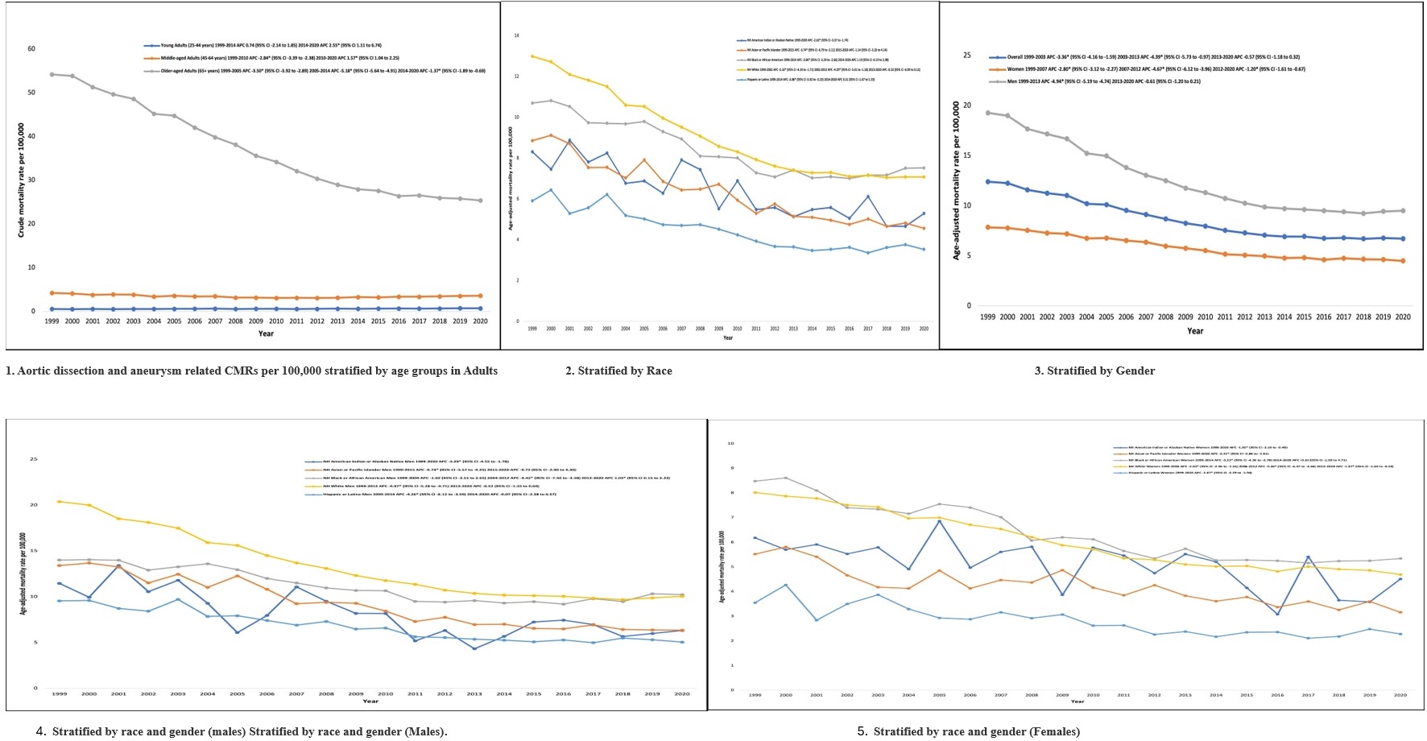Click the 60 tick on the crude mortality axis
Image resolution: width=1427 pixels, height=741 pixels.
pos(31,48)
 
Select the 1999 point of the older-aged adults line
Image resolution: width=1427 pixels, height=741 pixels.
pos(52,74)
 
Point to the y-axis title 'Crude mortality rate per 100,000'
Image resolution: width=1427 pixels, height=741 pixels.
pos(21,180)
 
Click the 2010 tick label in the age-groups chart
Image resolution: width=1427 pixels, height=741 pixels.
pos(276,321)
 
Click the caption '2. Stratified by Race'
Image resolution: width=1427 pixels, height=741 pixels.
pos(618,371)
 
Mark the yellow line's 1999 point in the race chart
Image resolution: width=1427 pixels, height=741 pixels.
pos(532,56)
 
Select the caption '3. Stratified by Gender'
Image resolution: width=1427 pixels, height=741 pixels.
pos(1094,371)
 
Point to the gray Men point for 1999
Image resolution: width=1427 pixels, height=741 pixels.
pos(988,113)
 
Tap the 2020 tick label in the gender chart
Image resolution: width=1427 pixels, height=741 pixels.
pos(1403,317)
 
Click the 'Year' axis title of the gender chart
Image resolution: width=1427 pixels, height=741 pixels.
pos(1195,331)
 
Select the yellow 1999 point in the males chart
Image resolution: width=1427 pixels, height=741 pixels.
pos(59,502)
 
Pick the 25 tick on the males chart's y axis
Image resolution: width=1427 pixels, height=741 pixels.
pos(34,459)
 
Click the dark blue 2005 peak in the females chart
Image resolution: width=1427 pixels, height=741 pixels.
pos(939,521)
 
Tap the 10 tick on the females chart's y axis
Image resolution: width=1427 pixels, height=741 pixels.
pos(730,443)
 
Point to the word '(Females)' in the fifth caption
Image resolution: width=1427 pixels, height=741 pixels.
pos(1054,732)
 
